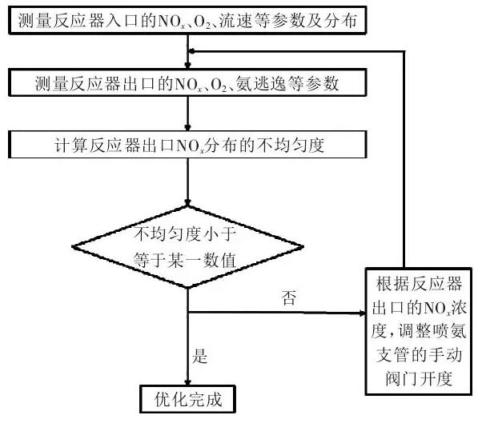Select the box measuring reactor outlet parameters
[187, 82]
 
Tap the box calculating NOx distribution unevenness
[187, 145]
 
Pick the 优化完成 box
[187, 397]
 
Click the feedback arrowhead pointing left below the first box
[193, 51]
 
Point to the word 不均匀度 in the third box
[294, 145]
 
